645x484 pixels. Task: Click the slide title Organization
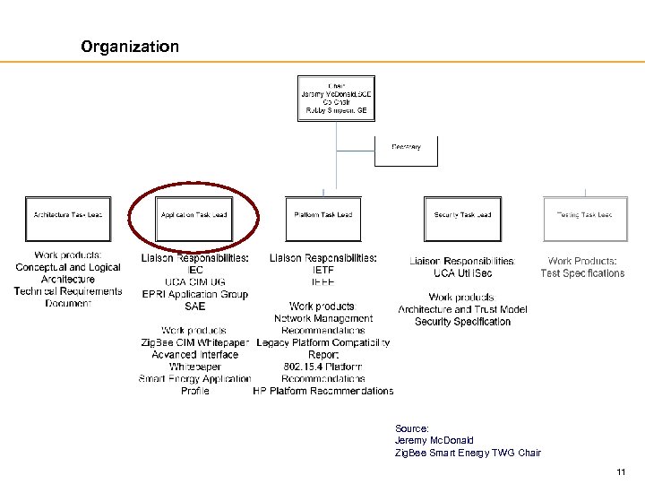(130, 46)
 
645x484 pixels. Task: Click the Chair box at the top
(336, 98)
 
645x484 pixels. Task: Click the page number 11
(621, 472)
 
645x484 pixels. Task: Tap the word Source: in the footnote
(412, 428)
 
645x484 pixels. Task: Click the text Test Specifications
(582, 273)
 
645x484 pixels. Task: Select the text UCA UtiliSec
(462, 273)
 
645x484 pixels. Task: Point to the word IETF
(323, 269)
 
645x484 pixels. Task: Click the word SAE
(194, 307)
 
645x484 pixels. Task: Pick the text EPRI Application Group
(194, 294)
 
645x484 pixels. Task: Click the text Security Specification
(462, 322)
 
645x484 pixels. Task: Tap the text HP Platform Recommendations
(323, 391)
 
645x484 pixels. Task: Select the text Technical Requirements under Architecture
(68, 291)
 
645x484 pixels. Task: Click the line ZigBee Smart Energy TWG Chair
(468, 453)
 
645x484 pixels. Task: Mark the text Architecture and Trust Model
(462, 309)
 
